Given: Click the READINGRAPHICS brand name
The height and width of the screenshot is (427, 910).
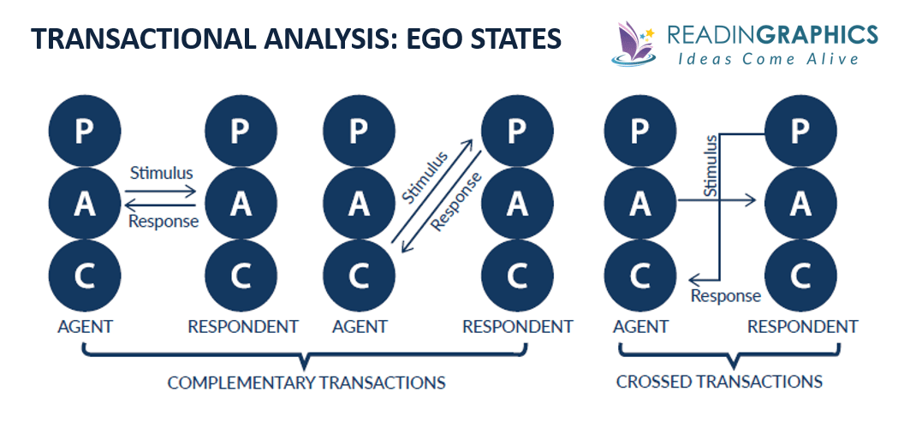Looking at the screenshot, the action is (x=772, y=34).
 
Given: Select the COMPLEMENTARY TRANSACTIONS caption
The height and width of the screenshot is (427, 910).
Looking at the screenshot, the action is (x=306, y=383).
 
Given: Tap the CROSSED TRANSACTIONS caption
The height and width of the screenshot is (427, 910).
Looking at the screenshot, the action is (x=719, y=382).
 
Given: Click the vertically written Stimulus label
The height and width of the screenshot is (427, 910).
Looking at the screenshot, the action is (x=710, y=165).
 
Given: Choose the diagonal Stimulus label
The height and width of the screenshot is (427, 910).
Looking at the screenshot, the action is (x=425, y=177).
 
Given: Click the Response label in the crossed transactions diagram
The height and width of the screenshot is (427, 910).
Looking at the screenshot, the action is (x=725, y=296).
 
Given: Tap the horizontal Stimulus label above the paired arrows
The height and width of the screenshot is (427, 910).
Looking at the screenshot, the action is (x=161, y=172).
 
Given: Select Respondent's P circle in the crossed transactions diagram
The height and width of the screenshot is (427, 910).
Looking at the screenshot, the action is (x=800, y=131).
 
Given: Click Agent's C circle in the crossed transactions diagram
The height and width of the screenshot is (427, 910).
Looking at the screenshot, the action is (x=639, y=276).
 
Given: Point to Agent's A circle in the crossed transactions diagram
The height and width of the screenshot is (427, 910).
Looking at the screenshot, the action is (x=639, y=204).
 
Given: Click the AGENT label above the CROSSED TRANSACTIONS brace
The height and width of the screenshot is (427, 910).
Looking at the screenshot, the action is (x=640, y=327).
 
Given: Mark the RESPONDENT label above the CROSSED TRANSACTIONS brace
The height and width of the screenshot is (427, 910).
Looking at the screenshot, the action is (x=802, y=327).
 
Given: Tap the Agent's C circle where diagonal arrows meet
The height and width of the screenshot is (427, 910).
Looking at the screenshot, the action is (x=359, y=276).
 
